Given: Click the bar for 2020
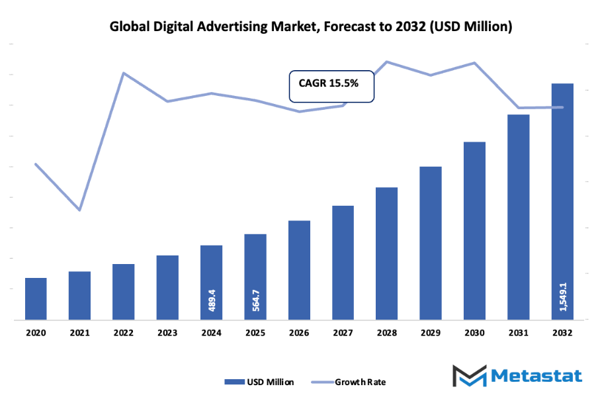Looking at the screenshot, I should click(36, 298).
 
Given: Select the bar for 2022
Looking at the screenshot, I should click(124, 292).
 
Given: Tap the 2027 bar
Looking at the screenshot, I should click(343, 263).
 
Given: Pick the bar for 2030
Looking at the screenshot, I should click(474, 231).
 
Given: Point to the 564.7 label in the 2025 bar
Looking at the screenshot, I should click(255, 300).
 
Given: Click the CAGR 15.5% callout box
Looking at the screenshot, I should click(332, 85).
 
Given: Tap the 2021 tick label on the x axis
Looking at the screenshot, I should click(79, 334).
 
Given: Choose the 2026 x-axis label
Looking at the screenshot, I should click(299, 334).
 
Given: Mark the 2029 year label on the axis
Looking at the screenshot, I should click(431, 334).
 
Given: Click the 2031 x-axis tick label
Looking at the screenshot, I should click(519, 334).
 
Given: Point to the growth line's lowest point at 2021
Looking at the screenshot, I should click(80, 210).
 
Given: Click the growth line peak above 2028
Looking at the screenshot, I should click(387, 62).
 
